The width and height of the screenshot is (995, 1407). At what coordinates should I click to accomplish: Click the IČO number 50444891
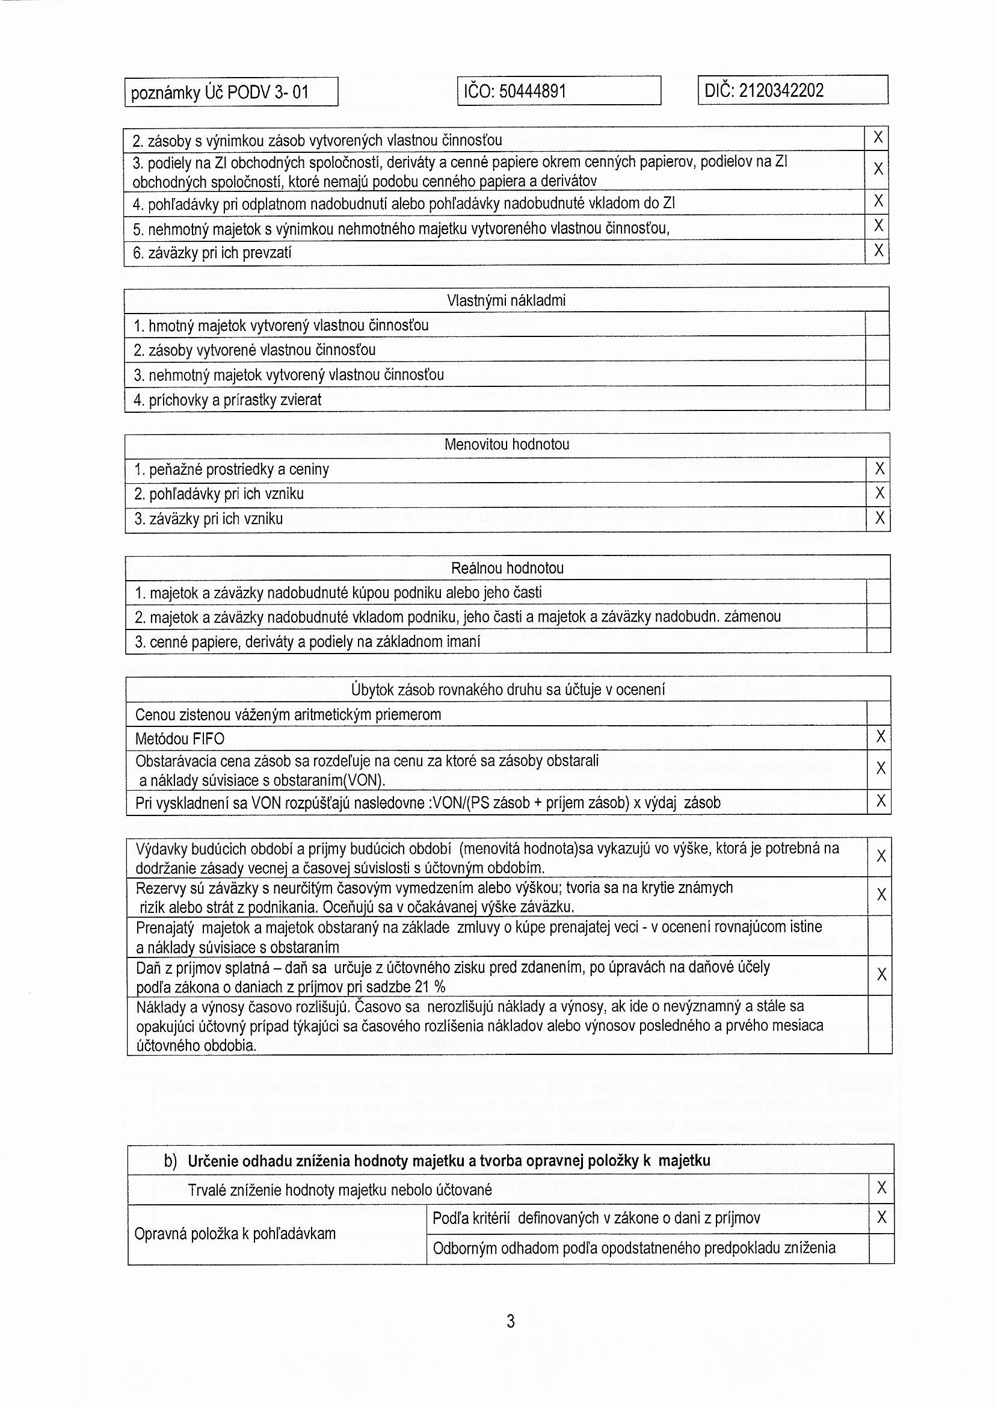pyautogui.click(x=532, y=92)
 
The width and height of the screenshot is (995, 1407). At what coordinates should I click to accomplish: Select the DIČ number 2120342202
pyautogui.click(x=781, y=91)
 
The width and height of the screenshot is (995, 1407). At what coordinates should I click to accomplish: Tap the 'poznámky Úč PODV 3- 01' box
pyautogui.click(x=231, y=93)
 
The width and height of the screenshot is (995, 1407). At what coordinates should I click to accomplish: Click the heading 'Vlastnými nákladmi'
pyautogui.click(x=506, y=300)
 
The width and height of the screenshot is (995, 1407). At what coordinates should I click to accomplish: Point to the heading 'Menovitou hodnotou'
pyautogui.click(x=507, y=444)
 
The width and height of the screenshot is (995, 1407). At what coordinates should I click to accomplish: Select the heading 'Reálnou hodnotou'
pyautogui.click(x=507, y=568)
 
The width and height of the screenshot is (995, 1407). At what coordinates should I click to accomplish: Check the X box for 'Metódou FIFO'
pyautogui.click(x=881, y=737)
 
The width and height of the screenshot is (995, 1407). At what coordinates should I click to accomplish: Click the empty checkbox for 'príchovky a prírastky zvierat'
pyautogui.click(x=877, y=399)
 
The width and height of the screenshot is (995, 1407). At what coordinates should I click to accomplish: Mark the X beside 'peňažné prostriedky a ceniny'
pyautogui.click(x=879, y=469)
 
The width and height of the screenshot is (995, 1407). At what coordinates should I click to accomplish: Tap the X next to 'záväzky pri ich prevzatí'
pyautogui.click(x=878, y=250)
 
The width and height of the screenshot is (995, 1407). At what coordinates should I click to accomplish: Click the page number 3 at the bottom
pyautogui.click(x=511, y=1321)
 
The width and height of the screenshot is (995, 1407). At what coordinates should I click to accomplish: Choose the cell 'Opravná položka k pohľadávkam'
pyautogui.click(x=235, y=1234)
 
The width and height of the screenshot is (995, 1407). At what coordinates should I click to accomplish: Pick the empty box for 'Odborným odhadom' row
pyautogui.click(x=881, y=1248)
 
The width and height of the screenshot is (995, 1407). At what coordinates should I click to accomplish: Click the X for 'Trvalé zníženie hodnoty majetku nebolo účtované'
pyautogui.click(x=881, y=1188)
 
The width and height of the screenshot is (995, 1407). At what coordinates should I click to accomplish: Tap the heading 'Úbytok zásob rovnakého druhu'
pyautogui.click(x=507, y=690)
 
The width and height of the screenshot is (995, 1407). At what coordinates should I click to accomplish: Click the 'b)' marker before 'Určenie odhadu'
pyautogui.click(x=170, y=1161)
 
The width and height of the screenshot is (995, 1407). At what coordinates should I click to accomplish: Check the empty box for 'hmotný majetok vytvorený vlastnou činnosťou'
pyautogui.click(x=877, y=324)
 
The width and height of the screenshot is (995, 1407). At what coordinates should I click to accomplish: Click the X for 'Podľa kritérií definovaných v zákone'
pyautogui.click(x=881, y=1218)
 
